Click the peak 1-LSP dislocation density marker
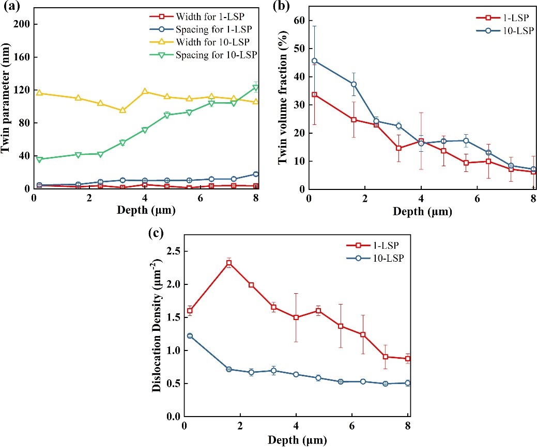click(x=229, y=263)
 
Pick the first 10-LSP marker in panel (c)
click(x=190, y=336)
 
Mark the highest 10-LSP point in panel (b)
click(x=314, y=61)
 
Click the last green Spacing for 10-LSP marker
click(x=255, y=88)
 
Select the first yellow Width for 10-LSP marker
click(x=39, y=93)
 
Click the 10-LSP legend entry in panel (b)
click(x=496, y=30)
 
